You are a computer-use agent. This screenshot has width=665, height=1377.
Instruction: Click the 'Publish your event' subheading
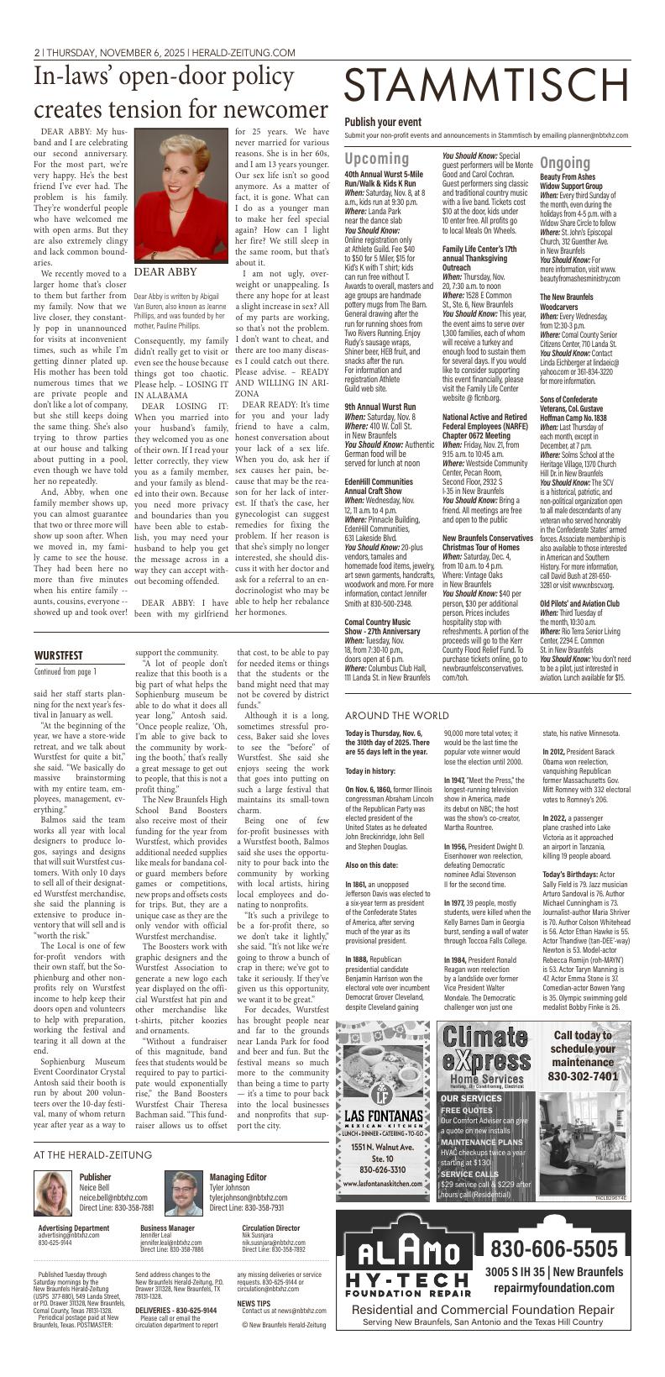pyautogui.click(x=382, y=121)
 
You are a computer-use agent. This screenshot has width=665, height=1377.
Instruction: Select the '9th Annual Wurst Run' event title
pyautogui.click(x=380, y=406)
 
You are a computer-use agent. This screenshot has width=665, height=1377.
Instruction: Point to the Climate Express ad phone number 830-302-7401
pyautogui.click(x=583, y=1075)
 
